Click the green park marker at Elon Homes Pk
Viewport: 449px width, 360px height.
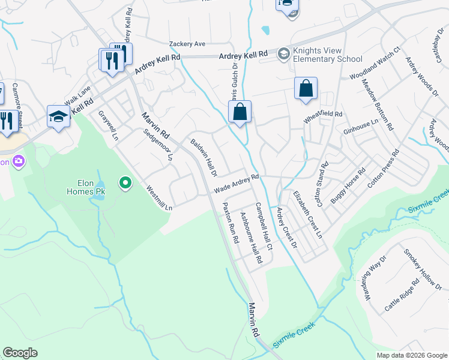[125, 182]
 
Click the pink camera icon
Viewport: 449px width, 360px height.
[19, 161]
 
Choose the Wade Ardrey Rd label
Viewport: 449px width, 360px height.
[237, 183]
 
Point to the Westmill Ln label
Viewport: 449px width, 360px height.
[160, 198]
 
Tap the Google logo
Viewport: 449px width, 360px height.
[20, 353]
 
